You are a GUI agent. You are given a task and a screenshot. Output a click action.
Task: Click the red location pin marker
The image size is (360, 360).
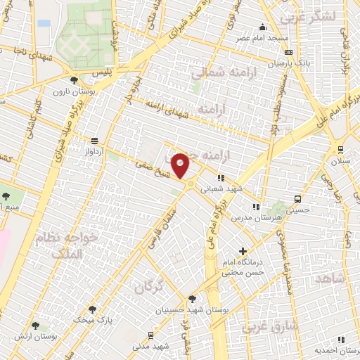181,166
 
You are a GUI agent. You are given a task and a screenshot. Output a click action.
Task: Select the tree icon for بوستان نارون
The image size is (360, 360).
75,79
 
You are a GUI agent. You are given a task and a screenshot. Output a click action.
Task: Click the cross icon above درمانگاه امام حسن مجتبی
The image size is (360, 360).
243,251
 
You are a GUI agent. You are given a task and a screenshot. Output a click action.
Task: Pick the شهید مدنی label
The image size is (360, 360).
152,346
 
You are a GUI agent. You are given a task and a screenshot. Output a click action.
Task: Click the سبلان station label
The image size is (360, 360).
340,160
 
